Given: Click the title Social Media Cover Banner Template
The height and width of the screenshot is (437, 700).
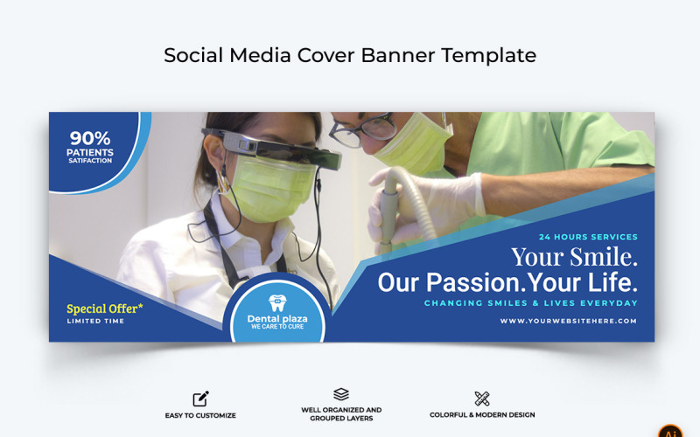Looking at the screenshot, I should tap(350, 55).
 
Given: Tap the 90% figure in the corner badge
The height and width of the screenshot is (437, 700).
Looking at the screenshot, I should tap(90, 137).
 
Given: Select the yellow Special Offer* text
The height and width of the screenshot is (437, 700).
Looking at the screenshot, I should tap(105, 309).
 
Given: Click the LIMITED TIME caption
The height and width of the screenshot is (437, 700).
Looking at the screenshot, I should tap(95, 322).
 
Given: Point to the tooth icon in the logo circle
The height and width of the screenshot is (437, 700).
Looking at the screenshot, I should tap(277, 303).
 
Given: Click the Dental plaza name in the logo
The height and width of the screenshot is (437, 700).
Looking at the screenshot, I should tap(277, 319).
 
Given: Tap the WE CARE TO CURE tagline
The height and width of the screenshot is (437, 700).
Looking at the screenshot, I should tap(277, 328).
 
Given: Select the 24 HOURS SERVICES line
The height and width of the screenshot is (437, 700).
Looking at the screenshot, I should tap(588, 237).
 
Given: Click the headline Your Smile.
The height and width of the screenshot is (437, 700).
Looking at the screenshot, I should tap(574, 258).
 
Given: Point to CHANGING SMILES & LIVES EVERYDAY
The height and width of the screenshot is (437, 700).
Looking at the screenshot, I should tap(531, 303).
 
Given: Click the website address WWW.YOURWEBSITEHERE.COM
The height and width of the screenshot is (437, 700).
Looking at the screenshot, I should tap(569, 322).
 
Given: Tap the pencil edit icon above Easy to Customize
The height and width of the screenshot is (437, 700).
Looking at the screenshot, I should tap(200, 399).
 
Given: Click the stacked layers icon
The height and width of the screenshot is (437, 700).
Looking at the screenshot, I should tap(341, 394).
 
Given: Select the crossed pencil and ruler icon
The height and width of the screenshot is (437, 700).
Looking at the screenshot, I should tap(482, 399).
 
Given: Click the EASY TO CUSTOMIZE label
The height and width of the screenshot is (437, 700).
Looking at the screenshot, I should tap(200, 415).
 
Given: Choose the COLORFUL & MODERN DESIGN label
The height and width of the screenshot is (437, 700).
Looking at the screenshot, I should tap(482, 415).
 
